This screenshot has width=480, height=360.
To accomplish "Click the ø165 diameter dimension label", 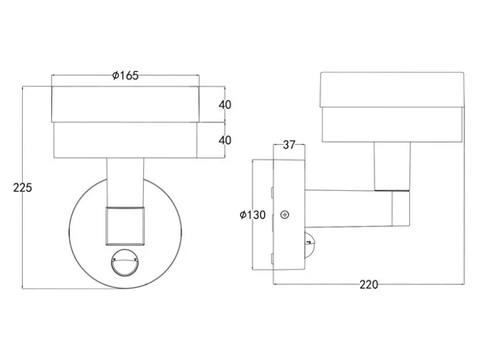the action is (126, 75).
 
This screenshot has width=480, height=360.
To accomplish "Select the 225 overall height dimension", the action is (22, 188).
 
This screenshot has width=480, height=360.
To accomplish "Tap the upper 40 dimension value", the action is (225, 105).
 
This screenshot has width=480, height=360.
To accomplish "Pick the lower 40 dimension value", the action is (225, 140).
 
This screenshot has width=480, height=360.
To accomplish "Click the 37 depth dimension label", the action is (289, 145).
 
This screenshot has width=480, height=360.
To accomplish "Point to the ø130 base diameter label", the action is (252, 215).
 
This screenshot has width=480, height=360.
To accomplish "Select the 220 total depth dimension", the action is (369, 285).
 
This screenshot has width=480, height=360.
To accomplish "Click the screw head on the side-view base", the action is (285, 215).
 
